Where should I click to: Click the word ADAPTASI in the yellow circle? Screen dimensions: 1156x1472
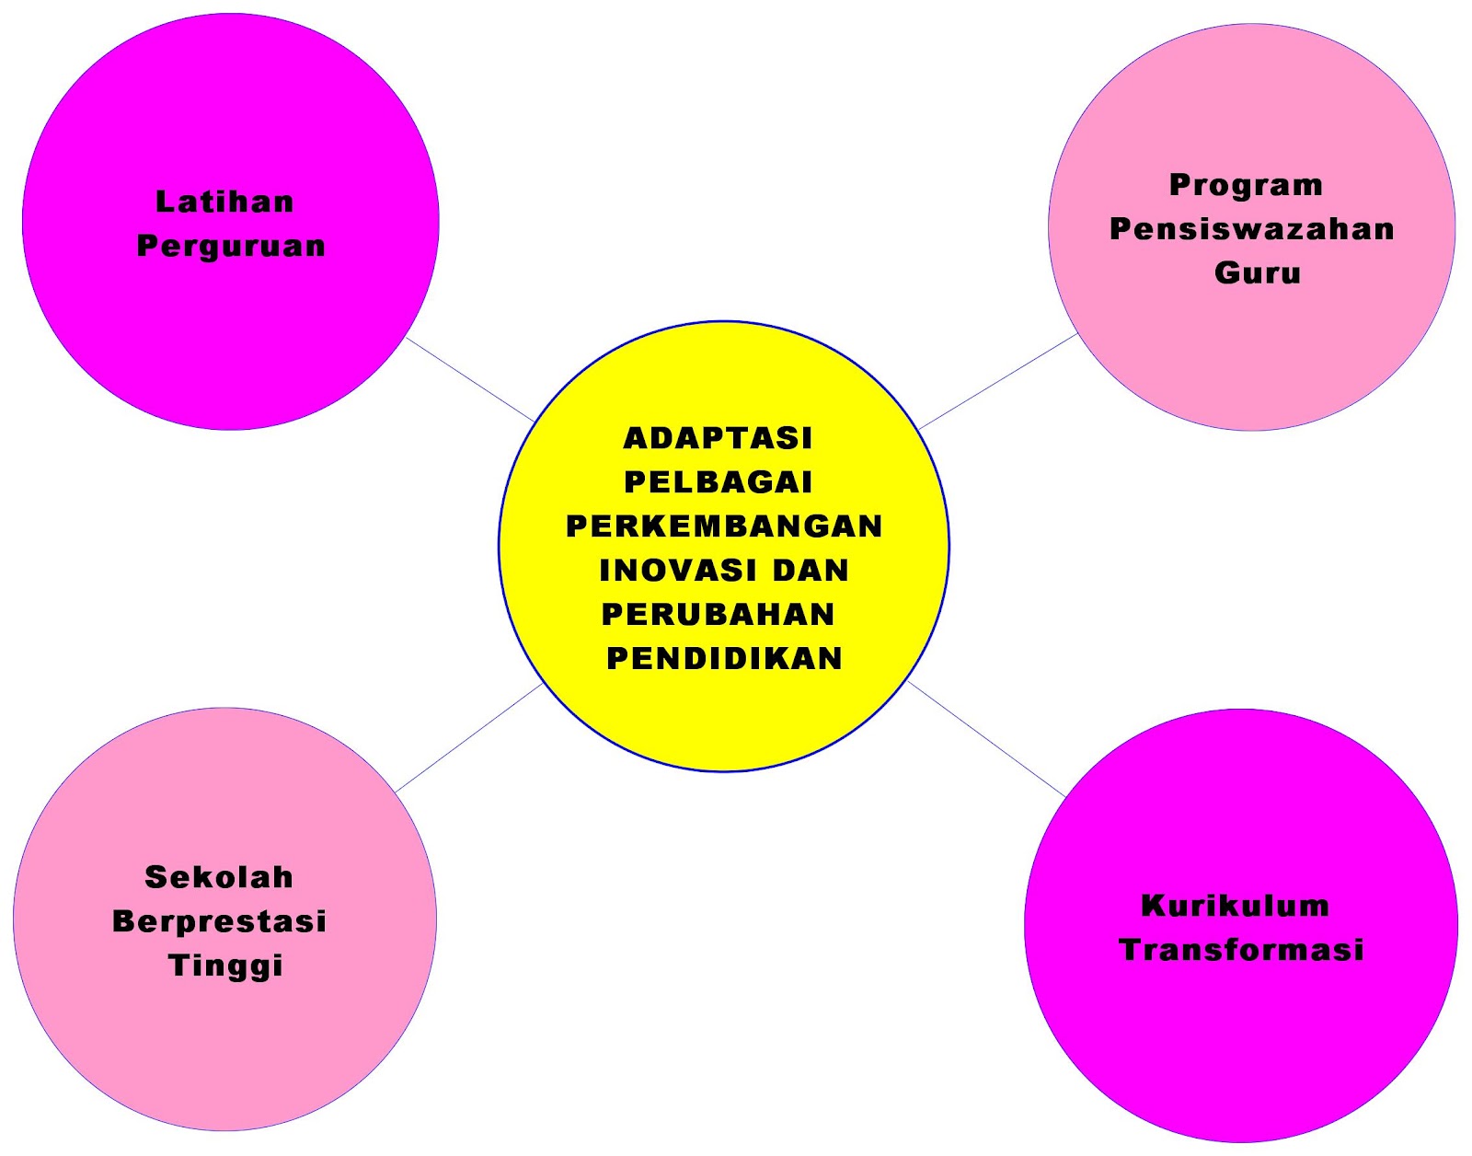click(x=718, y=438)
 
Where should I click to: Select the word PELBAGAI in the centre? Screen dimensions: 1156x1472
click(x=718, y=482)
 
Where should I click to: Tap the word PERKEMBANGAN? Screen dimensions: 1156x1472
click(x=724, y=526)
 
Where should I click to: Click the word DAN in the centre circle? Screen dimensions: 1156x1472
click(x=811, y=571)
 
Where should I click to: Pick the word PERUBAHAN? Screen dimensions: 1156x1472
click(x=718, y=615)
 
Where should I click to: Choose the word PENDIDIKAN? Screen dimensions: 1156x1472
click(x=724, y=659)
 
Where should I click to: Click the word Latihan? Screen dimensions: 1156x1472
click(x=224, y=202)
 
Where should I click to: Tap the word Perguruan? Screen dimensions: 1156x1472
click(x=231, y=247)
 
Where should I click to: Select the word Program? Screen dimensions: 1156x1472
click(x=1246, y=185)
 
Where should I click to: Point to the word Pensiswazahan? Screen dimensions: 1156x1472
click(x=1251, y=229)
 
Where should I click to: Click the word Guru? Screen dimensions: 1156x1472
click(x=1257, y=273)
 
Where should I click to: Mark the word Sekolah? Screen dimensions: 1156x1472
click(x=219, y=877)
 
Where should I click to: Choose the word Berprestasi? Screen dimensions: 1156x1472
click(x=219, y=921)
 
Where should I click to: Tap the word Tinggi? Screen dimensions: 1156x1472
click(x=225, y=966)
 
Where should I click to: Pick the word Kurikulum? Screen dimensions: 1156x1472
click(x=1235, y=906)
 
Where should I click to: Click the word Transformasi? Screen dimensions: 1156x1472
click(x=1241, y=950)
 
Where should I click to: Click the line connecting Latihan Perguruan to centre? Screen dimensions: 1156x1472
click(x=470, y=380)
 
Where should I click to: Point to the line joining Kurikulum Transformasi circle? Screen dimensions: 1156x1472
click(x=986, y=739)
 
